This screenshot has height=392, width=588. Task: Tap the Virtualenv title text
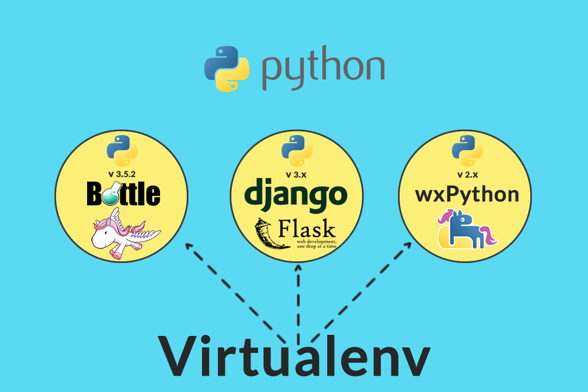[x=295, y=356]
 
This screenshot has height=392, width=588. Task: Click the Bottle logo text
[x=124, y=193]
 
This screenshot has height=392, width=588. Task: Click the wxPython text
[x=467, y=194]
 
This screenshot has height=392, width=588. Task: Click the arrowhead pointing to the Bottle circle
[x=189, y=247]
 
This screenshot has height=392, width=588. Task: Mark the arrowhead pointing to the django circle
[x=297, y=269]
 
